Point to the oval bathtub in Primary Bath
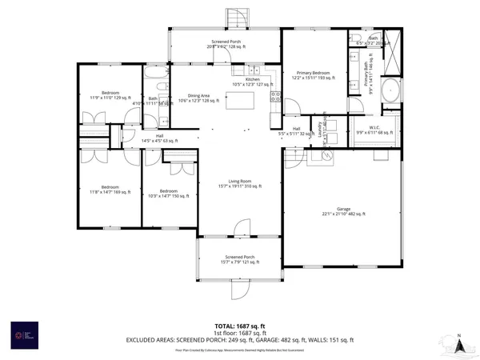pyautogui.click(x=391, y=90)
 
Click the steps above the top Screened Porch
pyautogui.click(x=236, y=17)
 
